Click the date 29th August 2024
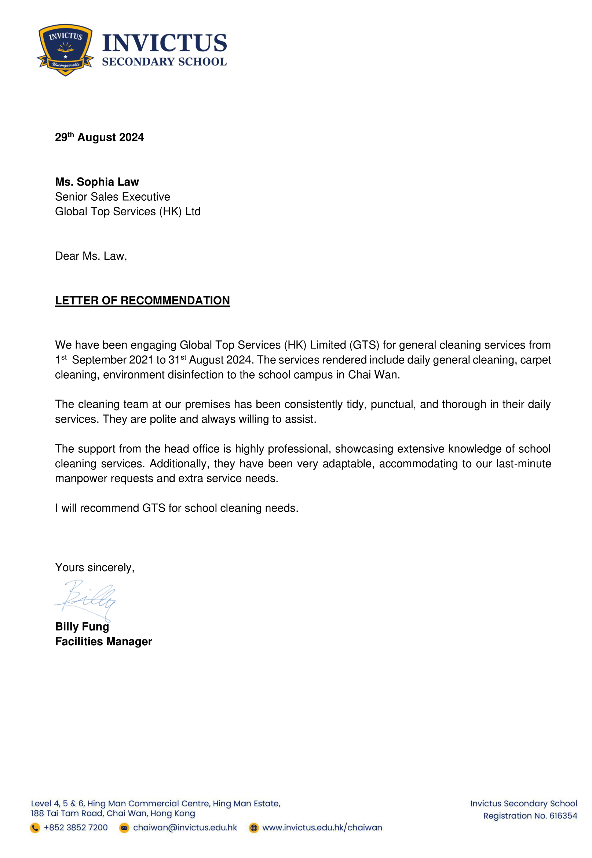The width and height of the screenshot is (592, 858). point(99,138)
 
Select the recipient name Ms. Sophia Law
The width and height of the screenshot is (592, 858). point(97,182)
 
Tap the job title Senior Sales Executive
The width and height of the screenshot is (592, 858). point(112,197)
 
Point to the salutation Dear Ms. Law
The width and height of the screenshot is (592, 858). point(91,256)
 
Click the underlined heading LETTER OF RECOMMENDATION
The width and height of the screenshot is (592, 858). point(142,300)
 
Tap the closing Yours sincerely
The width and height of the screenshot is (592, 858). point(95,567)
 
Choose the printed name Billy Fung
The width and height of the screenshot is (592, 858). point(82,627)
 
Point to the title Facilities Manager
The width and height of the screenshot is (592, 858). point(103,641)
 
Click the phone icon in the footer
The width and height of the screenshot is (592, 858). point(35,828)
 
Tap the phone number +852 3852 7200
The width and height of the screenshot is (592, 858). point(76,828)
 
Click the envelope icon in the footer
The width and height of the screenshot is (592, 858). point(124,828)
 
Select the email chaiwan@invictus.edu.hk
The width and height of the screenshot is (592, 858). point(185,828)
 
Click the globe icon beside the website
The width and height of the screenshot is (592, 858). point(254,828)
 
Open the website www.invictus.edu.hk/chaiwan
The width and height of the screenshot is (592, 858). point(322,828)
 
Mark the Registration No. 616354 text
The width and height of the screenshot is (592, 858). point(530,816)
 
